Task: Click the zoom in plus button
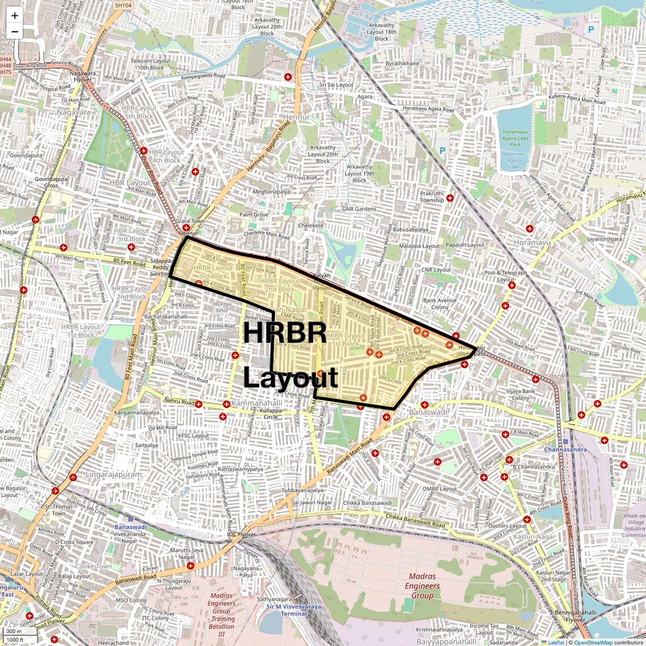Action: coord(15,16)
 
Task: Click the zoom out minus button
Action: coord(15,32)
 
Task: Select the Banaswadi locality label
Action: coord(428,412)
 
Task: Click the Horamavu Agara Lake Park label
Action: coord(515,138)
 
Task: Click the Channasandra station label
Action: coord(565,449)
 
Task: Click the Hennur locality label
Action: coord(296,117)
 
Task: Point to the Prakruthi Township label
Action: coord(432,197)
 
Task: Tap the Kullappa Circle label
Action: coord(271,413)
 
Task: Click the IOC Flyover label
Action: coord(241,534)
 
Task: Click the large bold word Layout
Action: coord(291,377)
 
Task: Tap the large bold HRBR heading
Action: coord(284,333)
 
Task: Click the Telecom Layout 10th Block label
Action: coord(150,64)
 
